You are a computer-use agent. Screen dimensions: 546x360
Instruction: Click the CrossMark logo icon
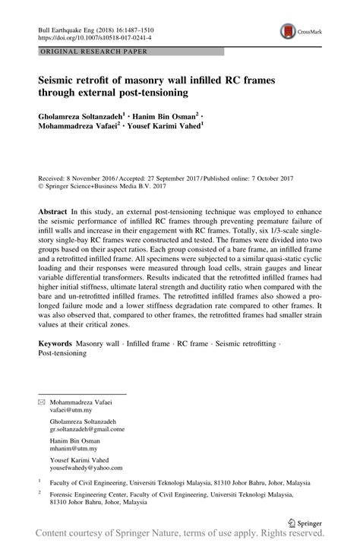[x=289, y=30]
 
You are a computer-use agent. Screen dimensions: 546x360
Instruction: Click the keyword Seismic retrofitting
[x=247, y=344]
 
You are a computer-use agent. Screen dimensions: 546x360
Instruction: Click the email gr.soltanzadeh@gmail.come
[x=87, y=428]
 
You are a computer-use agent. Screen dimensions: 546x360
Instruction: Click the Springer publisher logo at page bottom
[x=312, y=523]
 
